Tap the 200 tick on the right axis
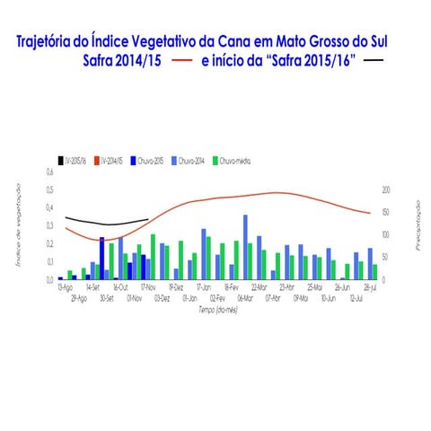point(386,190)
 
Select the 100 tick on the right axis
point(386,234)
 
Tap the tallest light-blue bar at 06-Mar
point(245,247)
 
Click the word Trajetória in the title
point(57,41)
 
